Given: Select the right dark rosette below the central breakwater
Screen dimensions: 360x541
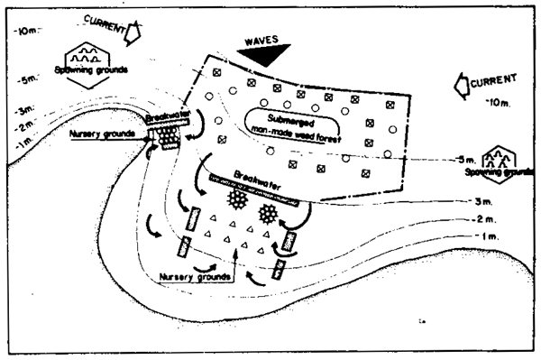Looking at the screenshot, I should [270, 214].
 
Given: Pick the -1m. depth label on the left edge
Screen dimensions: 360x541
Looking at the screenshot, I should [20, 143].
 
